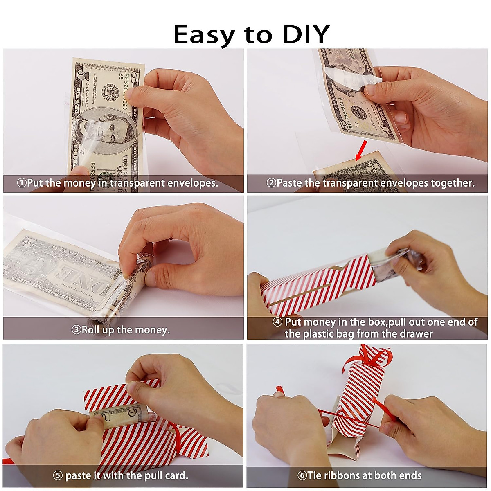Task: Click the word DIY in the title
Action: coord(306,34)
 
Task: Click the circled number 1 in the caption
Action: coord(21,183)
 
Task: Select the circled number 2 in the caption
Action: coord(271,183)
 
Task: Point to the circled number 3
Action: coord(76,330)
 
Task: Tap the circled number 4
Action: coord(277,322)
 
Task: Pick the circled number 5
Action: coord(58,475)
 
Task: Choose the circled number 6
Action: coord(302,475)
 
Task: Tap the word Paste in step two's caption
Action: coord(289,183)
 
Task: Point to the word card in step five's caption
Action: coord(176,475)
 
